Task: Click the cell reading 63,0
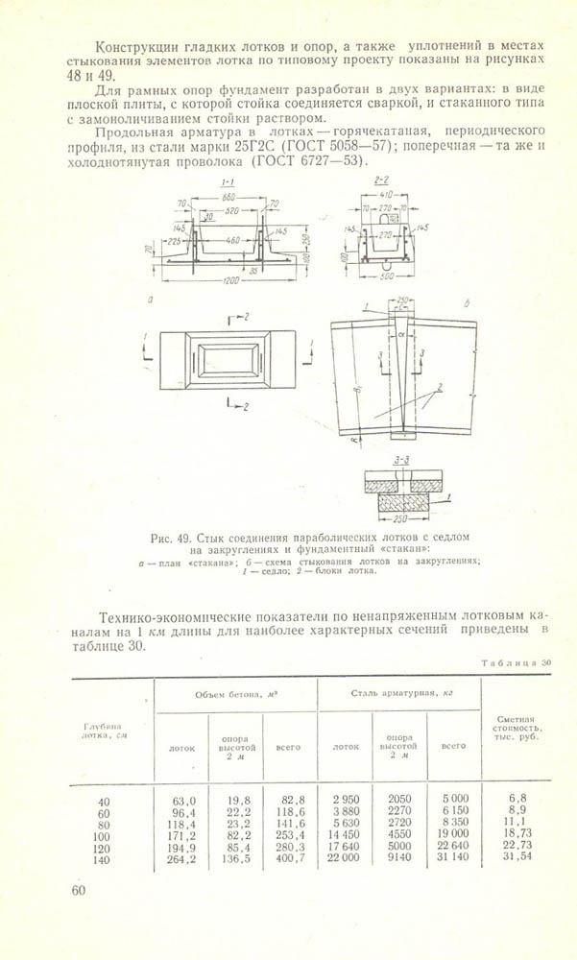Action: (183, 800)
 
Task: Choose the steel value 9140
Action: (398, 860)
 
